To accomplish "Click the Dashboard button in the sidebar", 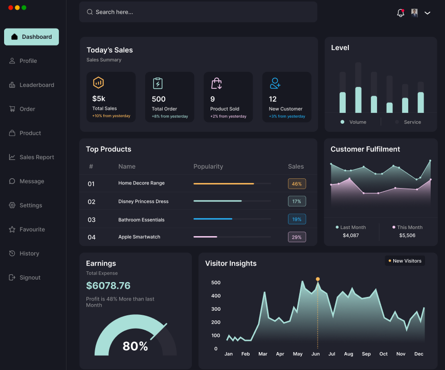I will [31, 37].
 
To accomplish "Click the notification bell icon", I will [400, 13].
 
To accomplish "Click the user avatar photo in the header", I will [414, 13].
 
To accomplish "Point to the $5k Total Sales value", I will [99, 99].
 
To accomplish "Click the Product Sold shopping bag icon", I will [216, 83].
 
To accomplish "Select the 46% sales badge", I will [297, 183].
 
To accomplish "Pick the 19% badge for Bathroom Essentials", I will [297, 219].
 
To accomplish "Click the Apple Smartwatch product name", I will [139, 237].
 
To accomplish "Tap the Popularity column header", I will [208, 167].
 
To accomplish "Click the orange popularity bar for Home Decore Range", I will [224, 183].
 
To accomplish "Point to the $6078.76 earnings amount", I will [108, 286].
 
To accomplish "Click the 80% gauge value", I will [135, 346].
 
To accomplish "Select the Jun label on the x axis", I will [316, 354].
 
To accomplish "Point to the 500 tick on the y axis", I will [216, 283].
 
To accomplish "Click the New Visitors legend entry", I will [405, 261].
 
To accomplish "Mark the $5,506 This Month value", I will [407, 236].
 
